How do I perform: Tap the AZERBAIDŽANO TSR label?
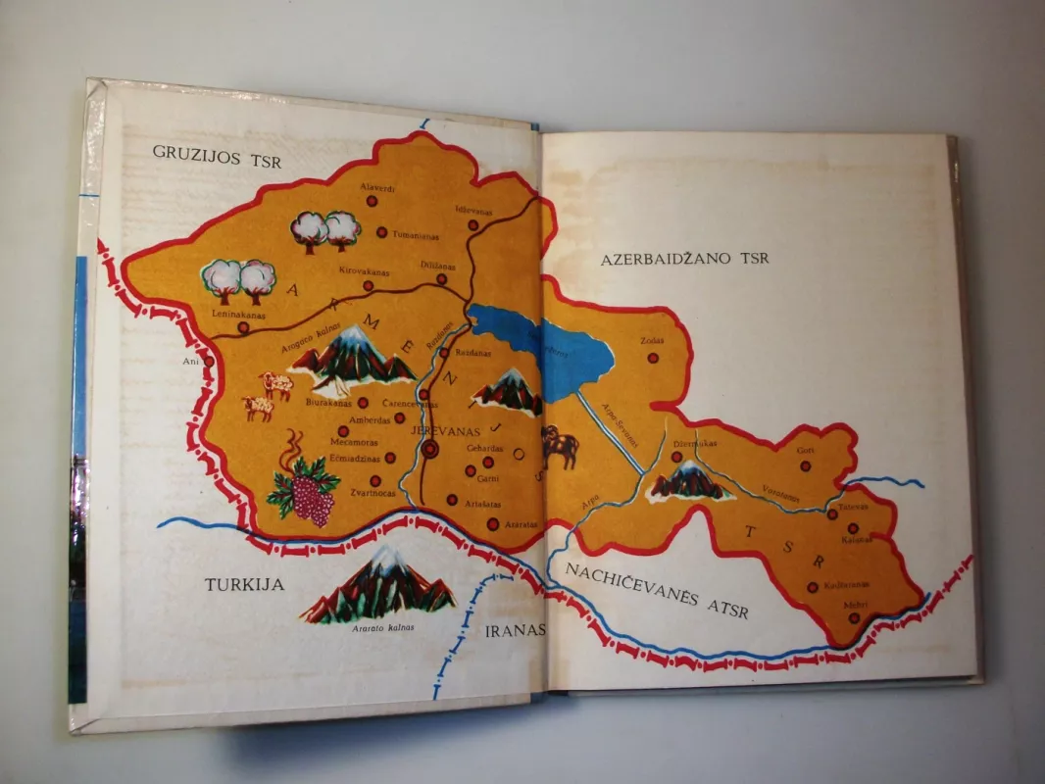coord(686,260)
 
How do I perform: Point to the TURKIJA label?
coord(244,585)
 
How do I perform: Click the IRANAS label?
coord(515,630)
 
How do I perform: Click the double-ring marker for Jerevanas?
coord(430,450)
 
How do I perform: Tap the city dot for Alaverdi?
coord(372,201)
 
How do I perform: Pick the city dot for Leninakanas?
coord(242,327)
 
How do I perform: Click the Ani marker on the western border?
coord(208,361)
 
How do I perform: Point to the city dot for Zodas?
coord(653,358)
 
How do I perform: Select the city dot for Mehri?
coord(853,618)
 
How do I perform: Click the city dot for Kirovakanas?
coord(368,286)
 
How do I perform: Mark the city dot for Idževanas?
coord(473,224)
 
